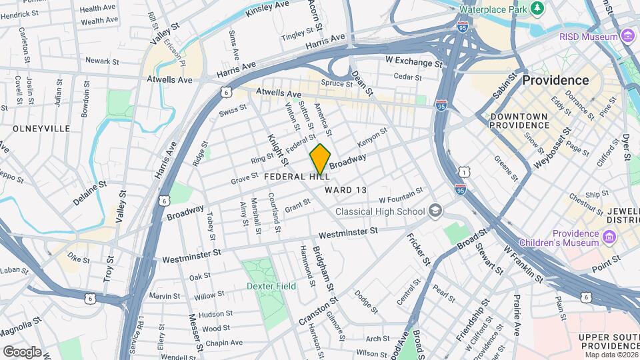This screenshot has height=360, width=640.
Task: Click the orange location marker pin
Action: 320,159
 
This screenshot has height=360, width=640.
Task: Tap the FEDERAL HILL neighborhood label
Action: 297,177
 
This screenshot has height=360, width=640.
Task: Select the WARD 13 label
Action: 346,190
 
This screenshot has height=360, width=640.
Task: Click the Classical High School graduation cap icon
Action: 435,211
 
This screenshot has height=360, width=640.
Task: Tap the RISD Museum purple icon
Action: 626,36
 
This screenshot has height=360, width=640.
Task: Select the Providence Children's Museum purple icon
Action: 609,237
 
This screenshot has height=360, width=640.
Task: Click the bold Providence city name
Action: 555,80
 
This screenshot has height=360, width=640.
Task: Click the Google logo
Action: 22,351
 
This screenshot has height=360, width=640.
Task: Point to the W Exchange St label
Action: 414,62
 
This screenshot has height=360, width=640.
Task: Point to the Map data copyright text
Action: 611,353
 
